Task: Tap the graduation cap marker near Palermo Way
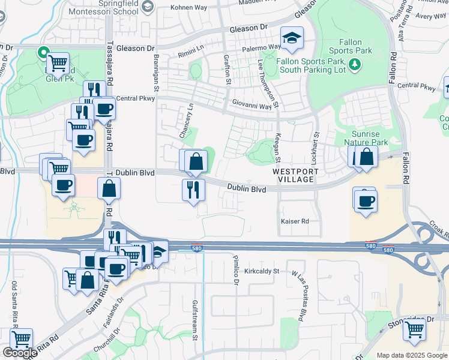pos(292,38)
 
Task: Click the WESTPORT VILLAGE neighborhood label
pos(293,175)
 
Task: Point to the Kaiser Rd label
pos(295,221)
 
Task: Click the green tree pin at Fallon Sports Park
pos(354,64)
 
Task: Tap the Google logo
pos(19,353)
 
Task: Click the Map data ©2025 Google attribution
pos(412,355)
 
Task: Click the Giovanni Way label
pos(253,106)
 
